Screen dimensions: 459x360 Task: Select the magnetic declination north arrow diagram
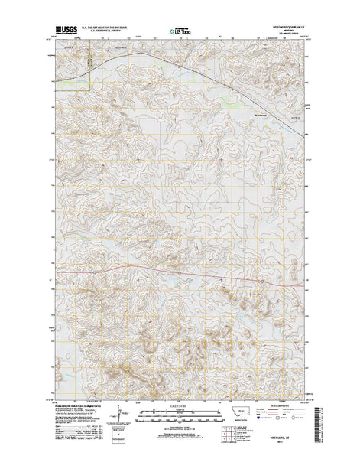115,414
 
